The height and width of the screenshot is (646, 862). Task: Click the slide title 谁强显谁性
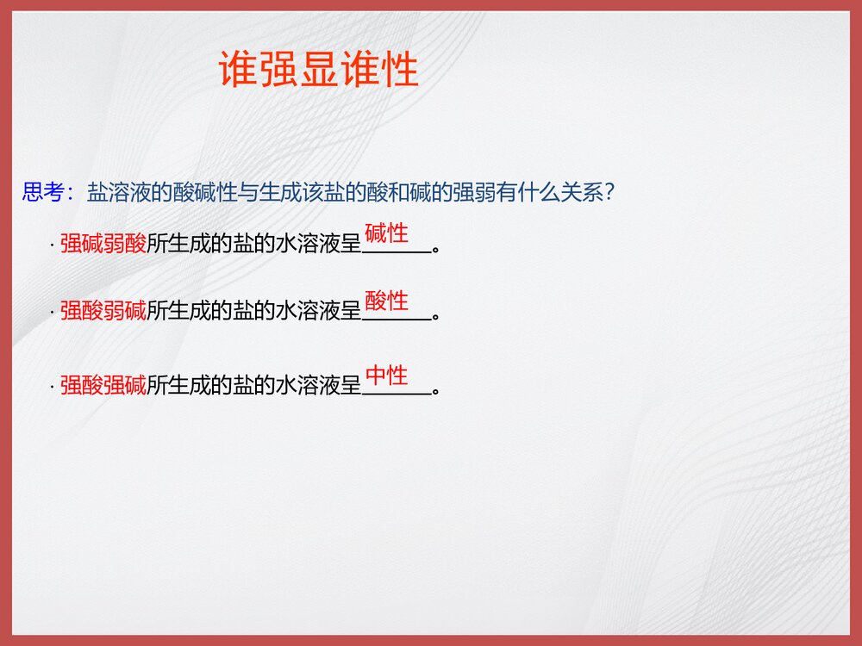(319, 69)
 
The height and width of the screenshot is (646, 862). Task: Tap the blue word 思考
(43, 192)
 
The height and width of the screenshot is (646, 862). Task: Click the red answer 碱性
(386, 233)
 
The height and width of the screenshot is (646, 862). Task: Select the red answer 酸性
(386, 301)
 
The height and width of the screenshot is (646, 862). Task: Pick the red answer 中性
(386, 376)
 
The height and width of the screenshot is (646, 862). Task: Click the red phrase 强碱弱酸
(103, 245)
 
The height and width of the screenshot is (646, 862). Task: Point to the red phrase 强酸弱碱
(103, 311)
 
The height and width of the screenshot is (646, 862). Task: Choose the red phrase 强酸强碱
(103, 386)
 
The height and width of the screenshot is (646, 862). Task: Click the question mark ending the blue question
(609, 193)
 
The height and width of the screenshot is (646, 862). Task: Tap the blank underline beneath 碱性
(397, 252)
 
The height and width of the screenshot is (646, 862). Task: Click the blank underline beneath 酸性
(397, 319)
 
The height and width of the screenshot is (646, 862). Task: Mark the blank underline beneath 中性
(397, 394)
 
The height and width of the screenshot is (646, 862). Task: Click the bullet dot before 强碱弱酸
(53, 246)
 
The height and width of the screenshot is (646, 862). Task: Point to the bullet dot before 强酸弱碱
(53, 313)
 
